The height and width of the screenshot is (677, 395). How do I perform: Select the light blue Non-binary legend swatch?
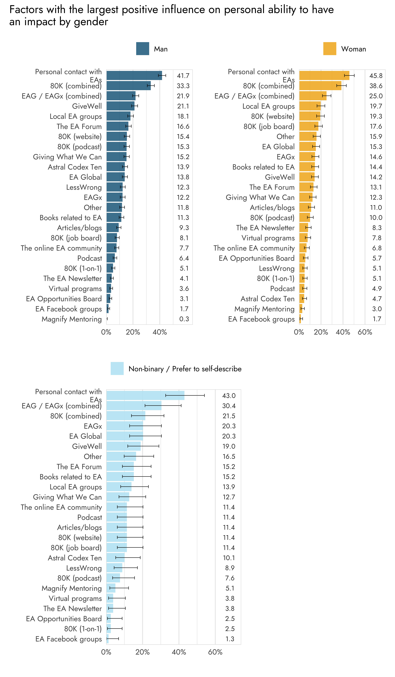(117, 368)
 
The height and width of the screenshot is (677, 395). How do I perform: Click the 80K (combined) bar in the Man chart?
(128, 86)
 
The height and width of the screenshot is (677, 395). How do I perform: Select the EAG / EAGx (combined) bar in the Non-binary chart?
(134, 406)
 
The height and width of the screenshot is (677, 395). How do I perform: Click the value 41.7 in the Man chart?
(183, 76)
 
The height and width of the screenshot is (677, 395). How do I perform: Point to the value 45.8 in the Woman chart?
(376, 76)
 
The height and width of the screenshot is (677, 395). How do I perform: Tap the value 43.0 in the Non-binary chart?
(229, 396)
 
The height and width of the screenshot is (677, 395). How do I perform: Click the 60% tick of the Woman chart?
(365, 332)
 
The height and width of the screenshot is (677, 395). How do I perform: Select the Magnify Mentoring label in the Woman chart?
(264, 309)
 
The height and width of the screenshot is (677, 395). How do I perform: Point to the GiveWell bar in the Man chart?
(120, 106)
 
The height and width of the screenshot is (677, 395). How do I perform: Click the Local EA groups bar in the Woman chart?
(310, 106)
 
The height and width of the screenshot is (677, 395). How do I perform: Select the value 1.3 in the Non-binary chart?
(230, 639)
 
